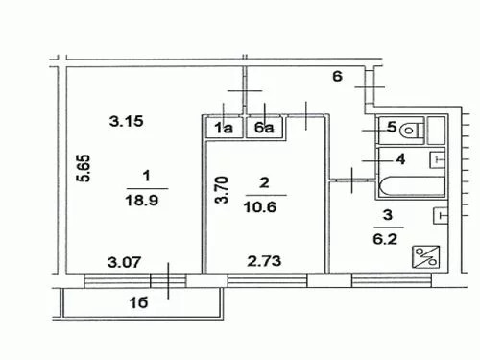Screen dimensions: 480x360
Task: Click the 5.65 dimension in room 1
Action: click(84, 168)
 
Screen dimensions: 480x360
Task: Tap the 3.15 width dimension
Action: click(126, 121)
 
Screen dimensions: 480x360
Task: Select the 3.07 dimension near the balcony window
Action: click(124, 262)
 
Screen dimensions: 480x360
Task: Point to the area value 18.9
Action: click(142, 201)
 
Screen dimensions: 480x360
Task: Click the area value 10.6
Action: click(260, 207)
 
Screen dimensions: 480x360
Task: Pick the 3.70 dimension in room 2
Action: click(222, 190)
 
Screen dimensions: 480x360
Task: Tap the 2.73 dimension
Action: click(264, 261)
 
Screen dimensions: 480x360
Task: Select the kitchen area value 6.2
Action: click(385, 239)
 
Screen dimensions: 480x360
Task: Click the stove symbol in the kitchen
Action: click(425, 256)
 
